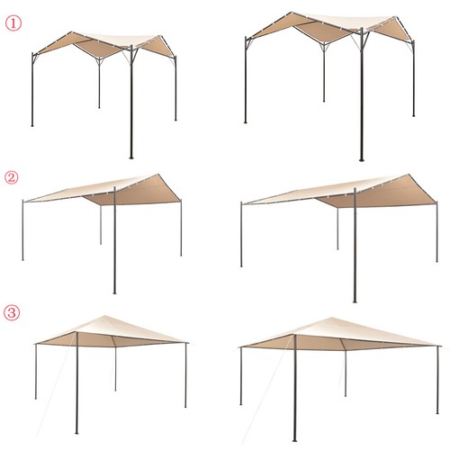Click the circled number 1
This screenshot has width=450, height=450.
pos(13,23)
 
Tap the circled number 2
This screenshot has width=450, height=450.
pos(12,177)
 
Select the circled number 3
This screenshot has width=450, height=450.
pos(12,313)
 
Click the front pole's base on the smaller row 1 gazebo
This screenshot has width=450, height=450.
pos(131,157)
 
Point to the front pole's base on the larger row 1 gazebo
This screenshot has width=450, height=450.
pos(362,159)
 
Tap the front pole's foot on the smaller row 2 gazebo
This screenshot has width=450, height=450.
pos(114,292)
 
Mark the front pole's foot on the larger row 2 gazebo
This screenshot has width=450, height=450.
pos(355,301)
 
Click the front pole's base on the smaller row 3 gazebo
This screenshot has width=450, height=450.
pos(76,433)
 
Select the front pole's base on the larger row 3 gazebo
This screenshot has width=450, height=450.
pos(294,440)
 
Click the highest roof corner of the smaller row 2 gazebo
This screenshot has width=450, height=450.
pos(158,174)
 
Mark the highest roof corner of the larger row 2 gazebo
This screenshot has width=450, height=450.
pos(408,175)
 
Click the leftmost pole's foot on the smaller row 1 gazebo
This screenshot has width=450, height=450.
pos(32,125)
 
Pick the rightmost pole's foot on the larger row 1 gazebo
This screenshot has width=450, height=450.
pos(414,115)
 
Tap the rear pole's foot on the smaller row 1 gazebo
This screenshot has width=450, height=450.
pos(99,107)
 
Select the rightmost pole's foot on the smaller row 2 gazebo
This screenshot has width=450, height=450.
pos(181,255)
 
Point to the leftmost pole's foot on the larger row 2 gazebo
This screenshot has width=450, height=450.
pos(241,265)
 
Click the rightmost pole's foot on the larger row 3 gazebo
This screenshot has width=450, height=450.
pos(437,412)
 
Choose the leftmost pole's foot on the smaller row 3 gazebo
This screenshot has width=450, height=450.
pos(36,398)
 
